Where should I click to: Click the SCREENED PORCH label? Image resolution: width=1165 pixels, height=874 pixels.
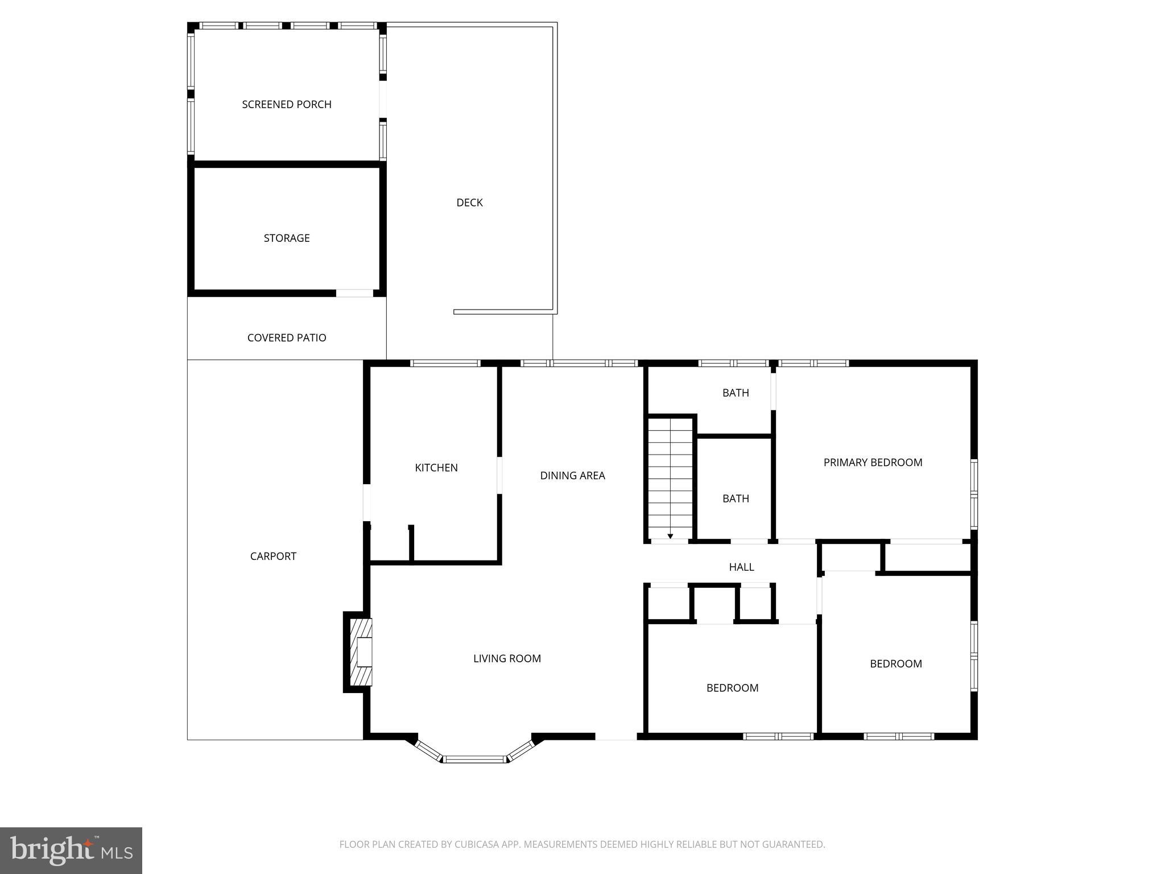287,104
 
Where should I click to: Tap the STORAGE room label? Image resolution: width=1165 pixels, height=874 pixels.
287,238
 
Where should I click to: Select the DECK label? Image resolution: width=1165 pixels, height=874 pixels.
469,203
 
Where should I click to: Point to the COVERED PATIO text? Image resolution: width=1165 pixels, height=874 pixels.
287,337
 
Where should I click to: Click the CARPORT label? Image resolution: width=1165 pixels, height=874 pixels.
273,556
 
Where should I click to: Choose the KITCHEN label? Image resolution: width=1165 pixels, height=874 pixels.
436,468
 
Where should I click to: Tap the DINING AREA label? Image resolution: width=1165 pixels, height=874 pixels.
572,476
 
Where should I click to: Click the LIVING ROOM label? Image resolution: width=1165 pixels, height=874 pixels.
507,658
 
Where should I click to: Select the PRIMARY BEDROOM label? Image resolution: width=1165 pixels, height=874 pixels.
873,463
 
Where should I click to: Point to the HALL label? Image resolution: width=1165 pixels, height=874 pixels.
741,567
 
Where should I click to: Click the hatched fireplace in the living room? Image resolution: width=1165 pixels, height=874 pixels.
361,652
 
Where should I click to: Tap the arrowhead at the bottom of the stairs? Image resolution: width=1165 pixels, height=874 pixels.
670,536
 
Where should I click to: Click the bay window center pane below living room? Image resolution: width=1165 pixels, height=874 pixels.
474,758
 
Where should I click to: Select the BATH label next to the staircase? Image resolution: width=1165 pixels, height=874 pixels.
736,498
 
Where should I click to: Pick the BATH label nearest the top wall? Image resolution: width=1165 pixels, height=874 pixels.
736,393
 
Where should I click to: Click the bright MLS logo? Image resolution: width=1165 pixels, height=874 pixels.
71,851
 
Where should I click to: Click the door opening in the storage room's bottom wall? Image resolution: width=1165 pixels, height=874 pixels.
354,293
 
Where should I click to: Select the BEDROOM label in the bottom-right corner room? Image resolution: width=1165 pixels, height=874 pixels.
895,663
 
